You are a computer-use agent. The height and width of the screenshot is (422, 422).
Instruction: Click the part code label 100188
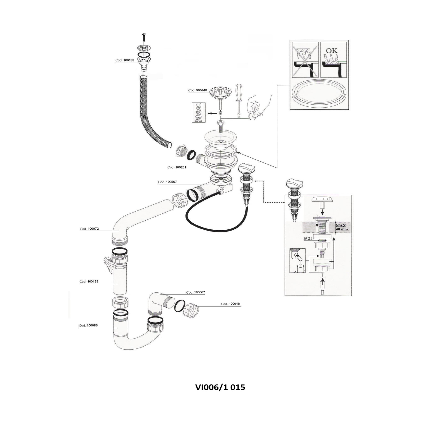(x=125, y=60)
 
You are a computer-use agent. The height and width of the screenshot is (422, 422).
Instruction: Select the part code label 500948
(x=197, y=90)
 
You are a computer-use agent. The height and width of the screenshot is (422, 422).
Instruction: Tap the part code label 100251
(x=177, y=167)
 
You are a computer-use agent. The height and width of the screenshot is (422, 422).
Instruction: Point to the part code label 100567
(x=167, y=182)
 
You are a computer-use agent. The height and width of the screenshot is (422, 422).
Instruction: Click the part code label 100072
(x=89, y=229)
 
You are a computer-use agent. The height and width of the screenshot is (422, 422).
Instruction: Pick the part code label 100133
(x=89, y=282)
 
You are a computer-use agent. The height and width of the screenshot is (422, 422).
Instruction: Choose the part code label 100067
(x=196, y=292)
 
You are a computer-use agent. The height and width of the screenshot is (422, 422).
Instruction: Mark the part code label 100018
(x=231, y=304)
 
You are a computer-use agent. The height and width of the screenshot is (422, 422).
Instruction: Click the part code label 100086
(x=88, y=326)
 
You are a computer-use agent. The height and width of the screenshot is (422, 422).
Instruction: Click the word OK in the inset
(x=332, y=51)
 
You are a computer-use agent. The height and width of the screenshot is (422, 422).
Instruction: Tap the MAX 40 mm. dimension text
(x=342, y=227)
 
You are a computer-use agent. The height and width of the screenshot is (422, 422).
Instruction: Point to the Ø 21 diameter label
(x=308, y=238)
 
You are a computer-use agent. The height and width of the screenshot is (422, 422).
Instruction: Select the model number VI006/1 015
(x=220, y=387)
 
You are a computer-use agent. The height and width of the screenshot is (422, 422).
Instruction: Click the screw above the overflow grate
(x=143, y=38)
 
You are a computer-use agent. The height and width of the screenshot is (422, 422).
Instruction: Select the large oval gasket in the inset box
(x=319, y=93)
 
